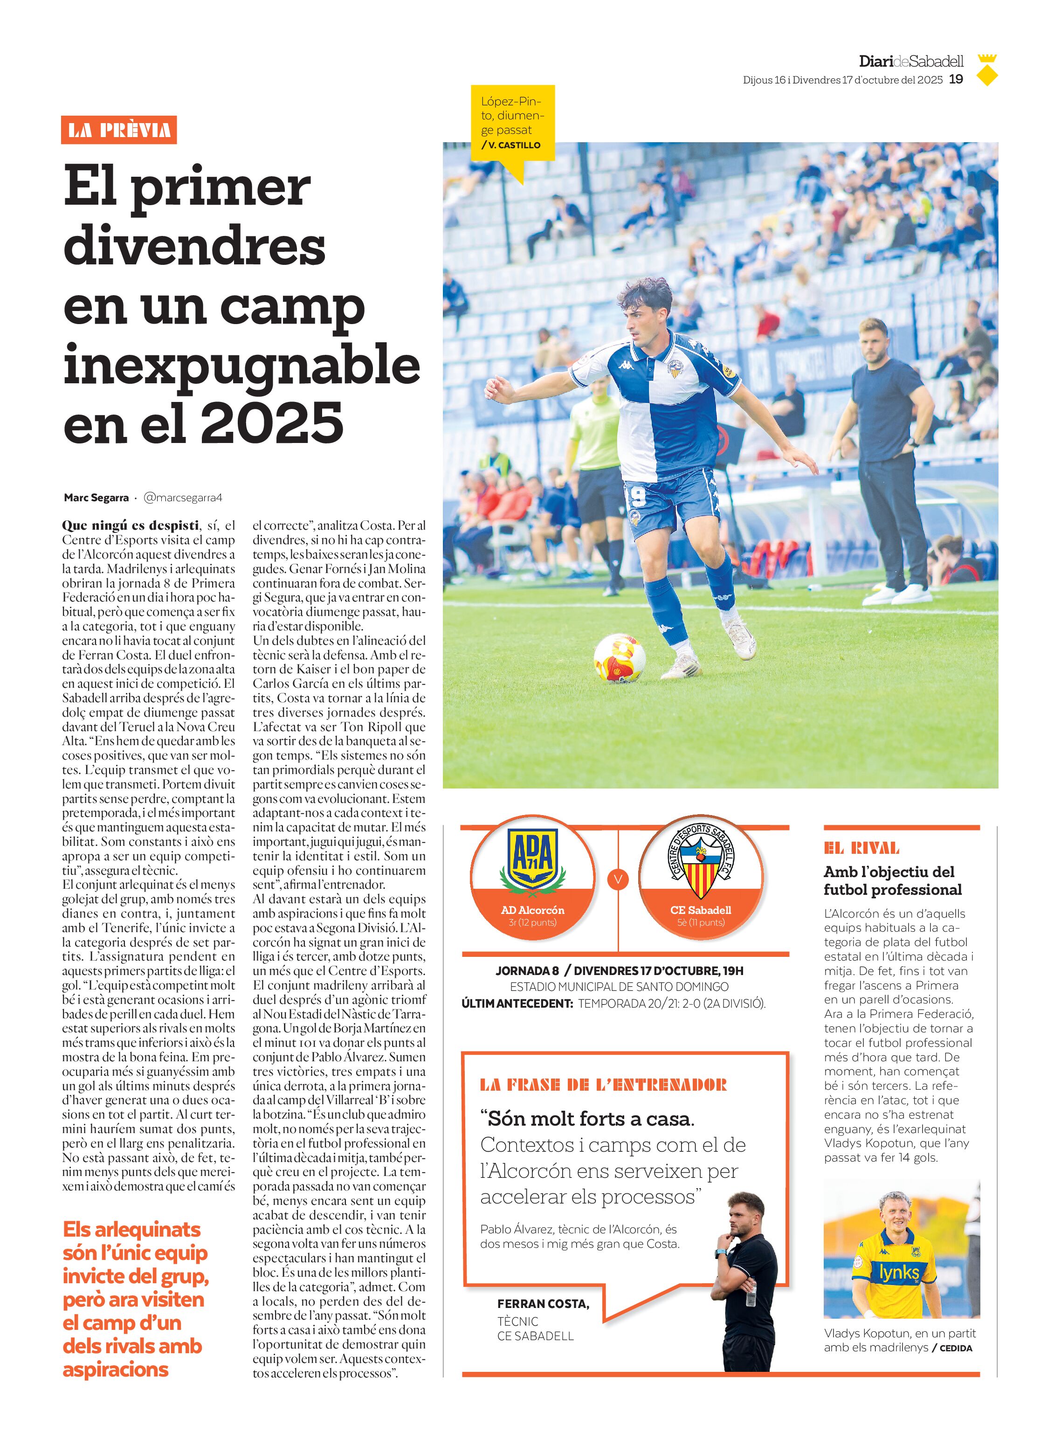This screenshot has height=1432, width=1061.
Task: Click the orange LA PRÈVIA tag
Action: pos(119,131)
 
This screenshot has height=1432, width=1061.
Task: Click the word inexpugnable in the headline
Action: pos(241,366)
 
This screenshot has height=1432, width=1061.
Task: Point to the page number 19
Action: pos(956,80)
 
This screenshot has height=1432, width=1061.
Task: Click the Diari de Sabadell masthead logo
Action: pos(911,62)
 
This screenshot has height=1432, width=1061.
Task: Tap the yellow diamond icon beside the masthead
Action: pos(987,76)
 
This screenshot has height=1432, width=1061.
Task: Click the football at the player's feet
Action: pos(619,658)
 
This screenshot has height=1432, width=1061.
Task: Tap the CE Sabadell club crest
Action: pos(701,860)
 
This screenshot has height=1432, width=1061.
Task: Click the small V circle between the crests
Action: pos(618,879)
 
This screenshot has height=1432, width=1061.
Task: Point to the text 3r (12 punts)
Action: pos(532,922)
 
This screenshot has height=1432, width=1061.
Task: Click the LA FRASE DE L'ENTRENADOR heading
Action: pos(603,1085)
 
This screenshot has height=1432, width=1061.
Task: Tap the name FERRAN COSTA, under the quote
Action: pos(543,1303)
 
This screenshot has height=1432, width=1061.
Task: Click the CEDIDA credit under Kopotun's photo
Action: pos(956,1348)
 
